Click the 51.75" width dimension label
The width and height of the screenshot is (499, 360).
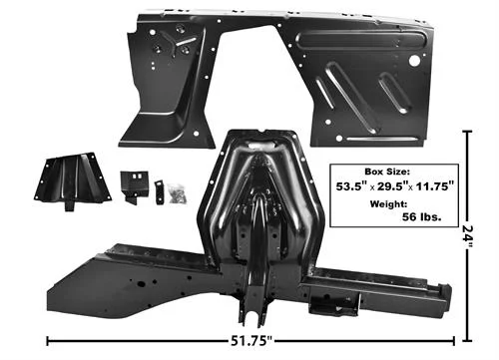[x=251, y=341]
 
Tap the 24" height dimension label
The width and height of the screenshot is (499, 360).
[x=467, y=236]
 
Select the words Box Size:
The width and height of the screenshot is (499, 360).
[x=387, y=172]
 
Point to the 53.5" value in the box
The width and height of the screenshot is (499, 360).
[x=351, y=186]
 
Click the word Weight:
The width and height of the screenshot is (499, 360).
[x=388, y=203]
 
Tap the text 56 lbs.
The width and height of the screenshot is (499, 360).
[x=422, y=217]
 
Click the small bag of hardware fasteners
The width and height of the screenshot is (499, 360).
[x=178, y=193]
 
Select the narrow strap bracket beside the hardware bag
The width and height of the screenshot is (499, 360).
[x=159, y=192]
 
